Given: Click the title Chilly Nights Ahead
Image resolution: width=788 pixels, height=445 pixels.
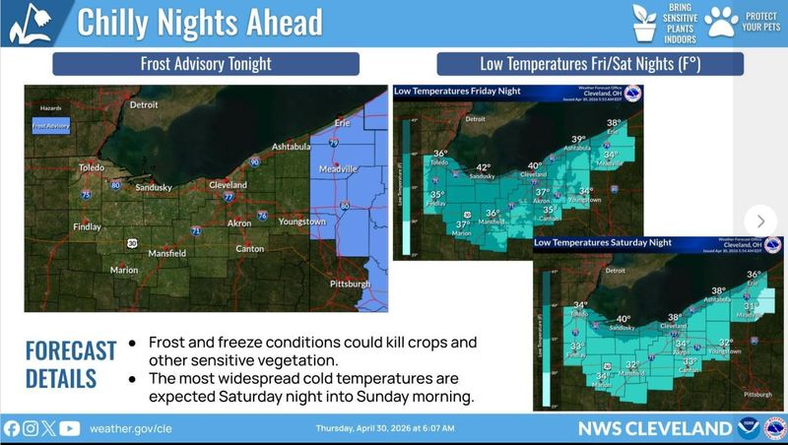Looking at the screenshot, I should (199, 22).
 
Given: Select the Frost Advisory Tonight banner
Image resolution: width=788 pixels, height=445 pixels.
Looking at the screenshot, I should (206, 65).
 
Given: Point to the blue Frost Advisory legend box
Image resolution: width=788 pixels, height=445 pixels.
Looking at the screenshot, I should (50, 126).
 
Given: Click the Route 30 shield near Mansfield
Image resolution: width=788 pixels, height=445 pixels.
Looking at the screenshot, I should (132, 241).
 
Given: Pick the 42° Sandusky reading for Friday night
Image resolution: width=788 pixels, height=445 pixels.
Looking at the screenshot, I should (483, 168).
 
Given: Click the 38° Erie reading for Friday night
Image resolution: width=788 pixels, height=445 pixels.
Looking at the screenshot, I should (614, 124).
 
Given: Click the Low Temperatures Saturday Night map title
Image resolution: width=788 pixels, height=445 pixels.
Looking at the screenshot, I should (603, 242).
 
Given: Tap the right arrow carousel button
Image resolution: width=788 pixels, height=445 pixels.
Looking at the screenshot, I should (760, 221).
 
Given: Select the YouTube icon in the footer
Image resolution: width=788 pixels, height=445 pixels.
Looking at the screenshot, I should (69, 429).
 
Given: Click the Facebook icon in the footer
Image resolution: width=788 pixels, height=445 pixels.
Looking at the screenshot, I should (12, 429).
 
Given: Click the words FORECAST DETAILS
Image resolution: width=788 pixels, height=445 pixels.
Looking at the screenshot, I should (61, 365).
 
